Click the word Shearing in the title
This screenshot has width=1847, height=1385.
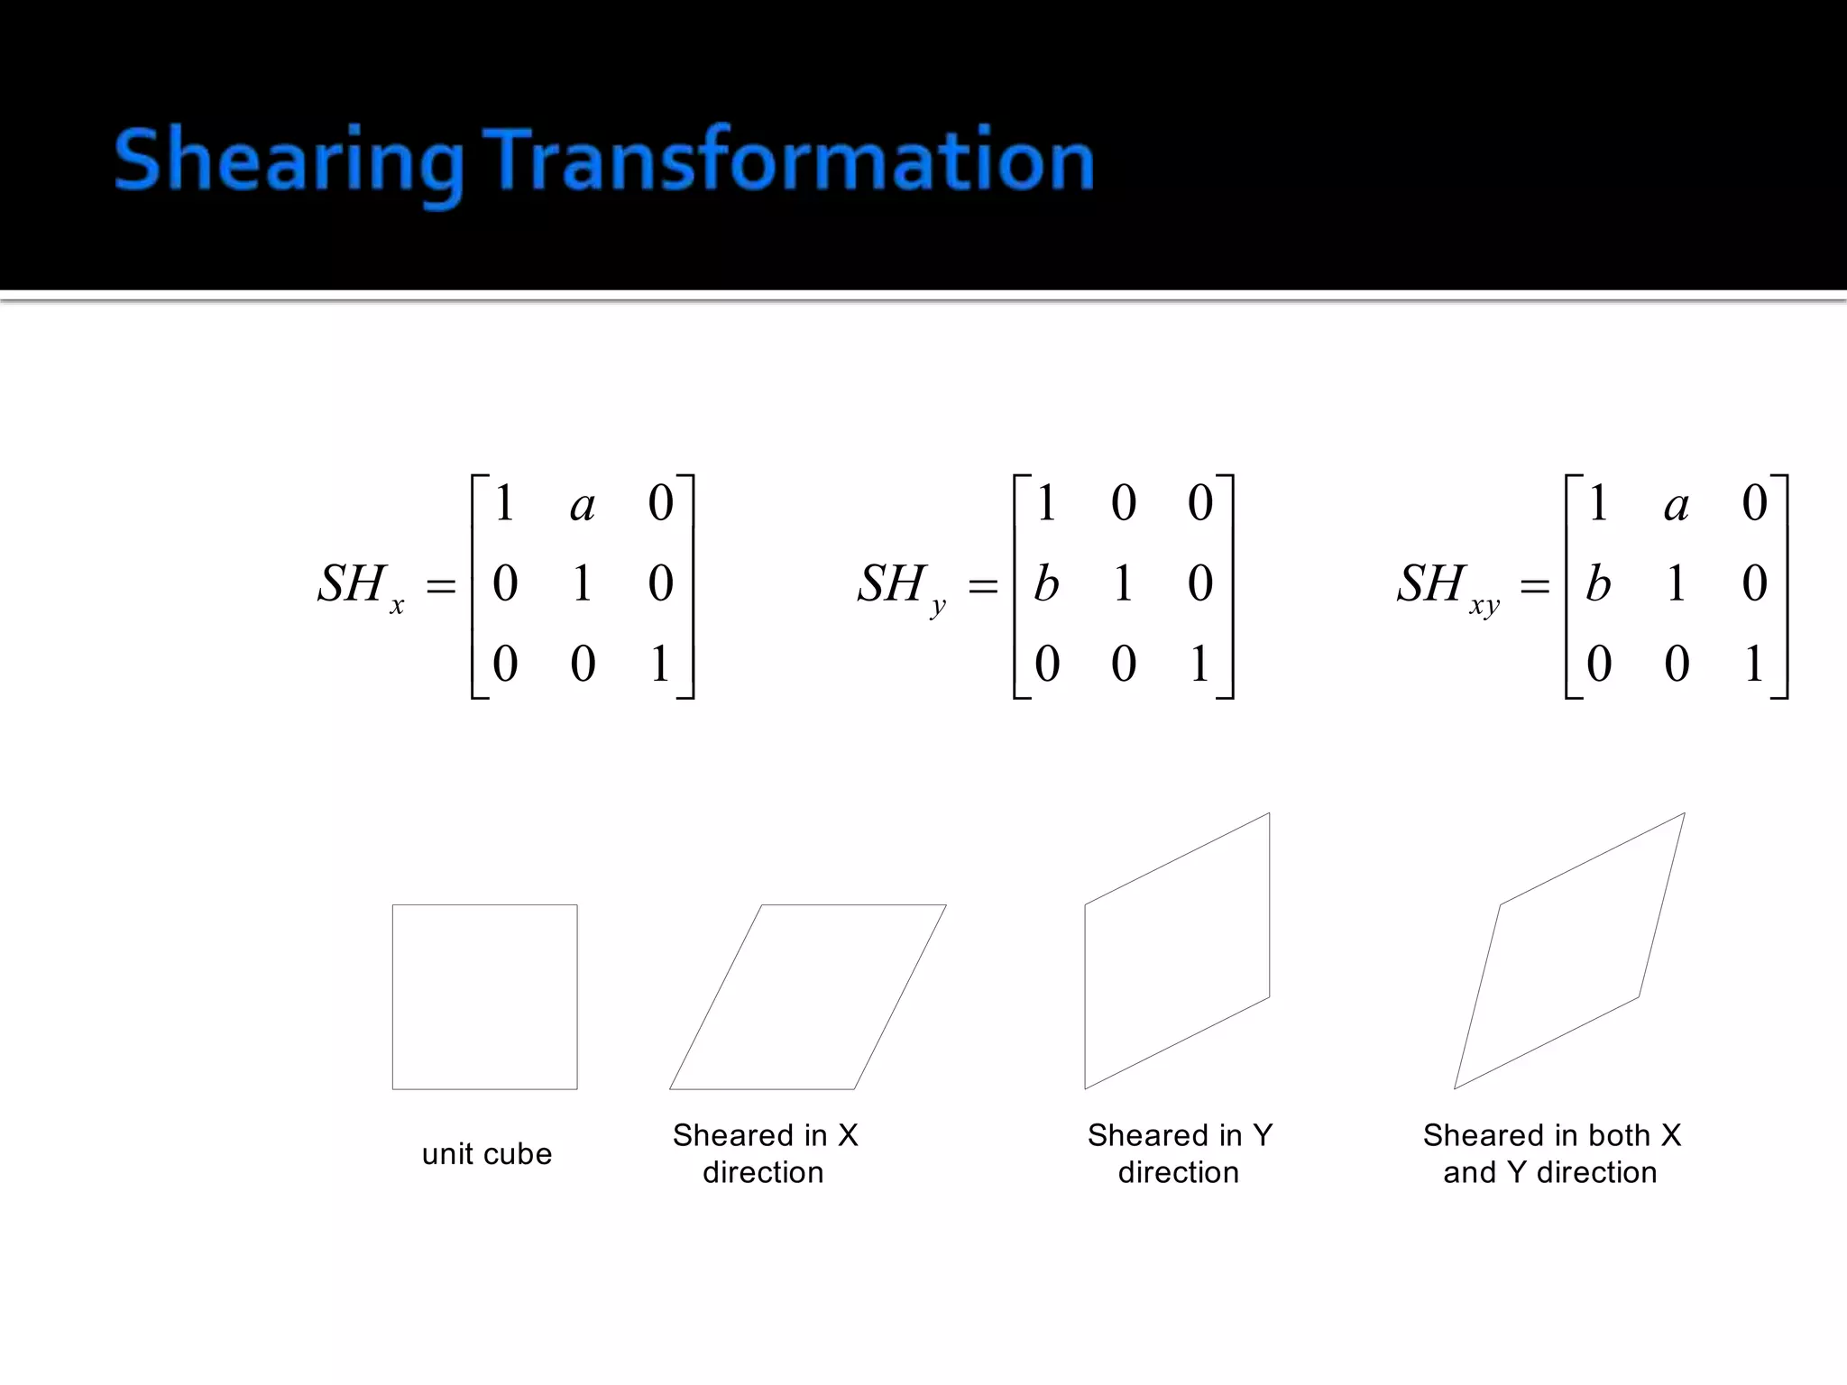tap(289, 162)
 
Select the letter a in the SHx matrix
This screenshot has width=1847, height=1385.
tap(583, 505)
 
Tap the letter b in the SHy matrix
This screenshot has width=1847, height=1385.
tap(1046, 583)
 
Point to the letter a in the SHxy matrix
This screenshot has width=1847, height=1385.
tap(1677, 505)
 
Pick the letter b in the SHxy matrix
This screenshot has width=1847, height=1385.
tap(1598, 583)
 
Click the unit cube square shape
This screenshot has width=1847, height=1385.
tap(485, 997)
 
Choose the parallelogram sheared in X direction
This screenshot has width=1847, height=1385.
tap(808, 997)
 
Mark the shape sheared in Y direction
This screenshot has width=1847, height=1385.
tap(1177, 951)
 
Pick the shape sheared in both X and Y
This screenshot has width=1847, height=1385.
tap(1569, 951)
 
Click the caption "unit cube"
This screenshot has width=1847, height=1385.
tap(487, 1154)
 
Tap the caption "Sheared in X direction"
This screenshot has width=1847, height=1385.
tap(765, 1153)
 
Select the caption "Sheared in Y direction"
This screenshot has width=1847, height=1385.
tap(1180, 1153)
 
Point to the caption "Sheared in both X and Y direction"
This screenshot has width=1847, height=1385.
tap(1551, 1153)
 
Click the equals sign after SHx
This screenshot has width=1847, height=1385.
tap(441, 587)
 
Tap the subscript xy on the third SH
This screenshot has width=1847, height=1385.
tap(1484, 605)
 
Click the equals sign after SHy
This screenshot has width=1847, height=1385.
tap(982, 587)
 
